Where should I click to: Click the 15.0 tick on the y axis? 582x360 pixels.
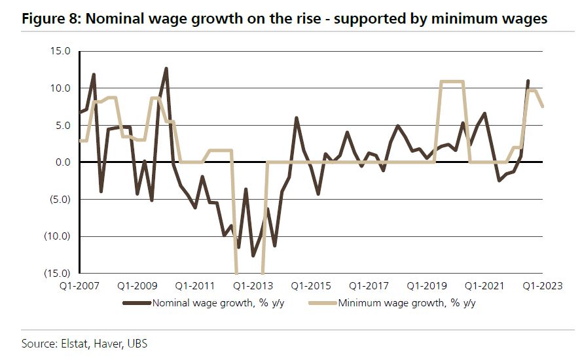60,51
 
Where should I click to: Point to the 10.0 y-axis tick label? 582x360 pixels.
60,88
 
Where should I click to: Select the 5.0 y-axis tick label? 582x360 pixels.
63,125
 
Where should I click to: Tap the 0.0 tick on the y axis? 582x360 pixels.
63,162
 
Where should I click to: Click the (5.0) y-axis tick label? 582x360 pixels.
60,199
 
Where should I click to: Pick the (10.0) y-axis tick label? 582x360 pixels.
58,236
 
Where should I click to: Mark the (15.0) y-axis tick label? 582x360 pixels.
58,273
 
